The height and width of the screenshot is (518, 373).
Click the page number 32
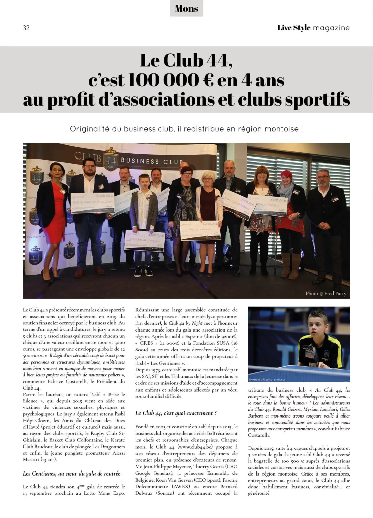tap(26, 28)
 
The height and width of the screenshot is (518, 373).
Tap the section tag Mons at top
tap(186, 9)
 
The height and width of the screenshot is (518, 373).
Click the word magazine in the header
tap(331, 28)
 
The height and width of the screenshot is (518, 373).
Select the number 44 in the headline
tap(218, 61)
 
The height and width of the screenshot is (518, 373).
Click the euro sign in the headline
tap(208, 80)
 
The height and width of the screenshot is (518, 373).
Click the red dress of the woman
tap(54, 216)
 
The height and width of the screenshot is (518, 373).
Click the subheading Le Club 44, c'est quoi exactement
tap(176, 413)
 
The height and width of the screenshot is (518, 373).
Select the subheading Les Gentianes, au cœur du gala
tap(71, 473)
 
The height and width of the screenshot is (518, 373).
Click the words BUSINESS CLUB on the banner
tap(152, 161)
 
